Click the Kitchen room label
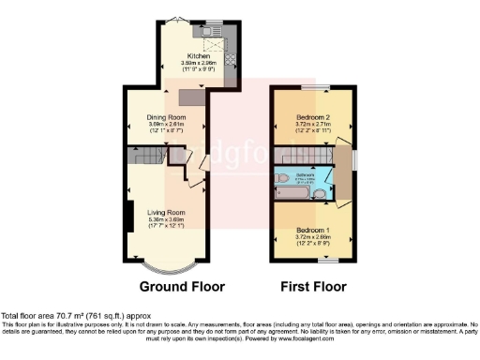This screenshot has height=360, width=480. (199, 55)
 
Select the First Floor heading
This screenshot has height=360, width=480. (313, 286)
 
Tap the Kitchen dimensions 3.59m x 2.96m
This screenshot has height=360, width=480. (199, 63)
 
